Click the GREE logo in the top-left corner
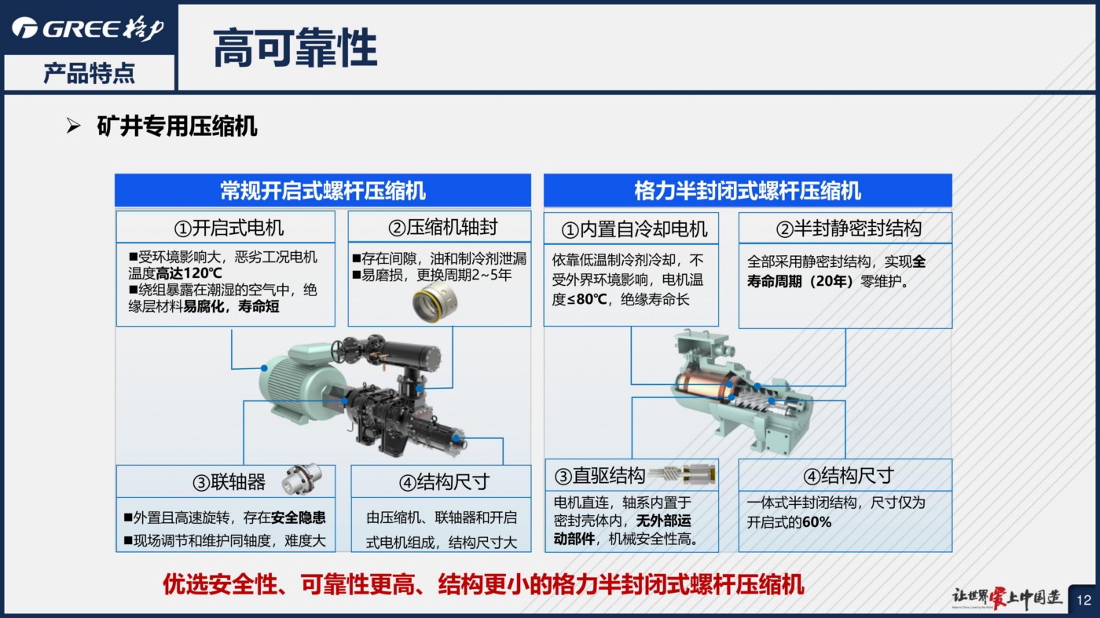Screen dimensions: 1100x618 click(x=88, y=28)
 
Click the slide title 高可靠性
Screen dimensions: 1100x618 click(x=295, y=48)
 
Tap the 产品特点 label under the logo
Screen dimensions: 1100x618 click(x=89, y=74)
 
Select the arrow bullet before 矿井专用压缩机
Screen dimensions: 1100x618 click(x=74, y=126)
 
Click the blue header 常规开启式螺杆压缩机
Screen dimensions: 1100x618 click(x=323, y=191)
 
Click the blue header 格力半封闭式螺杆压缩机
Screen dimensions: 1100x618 click(x=747, y=191)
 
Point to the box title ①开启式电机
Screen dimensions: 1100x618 click(x=229, y=228)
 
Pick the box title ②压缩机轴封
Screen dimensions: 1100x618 click(x=442, y=227)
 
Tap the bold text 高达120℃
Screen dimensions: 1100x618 click(x=189, y=273)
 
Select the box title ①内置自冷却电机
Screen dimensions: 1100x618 click(x=634, y=229)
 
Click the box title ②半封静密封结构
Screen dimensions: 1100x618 click(x=849, y=229)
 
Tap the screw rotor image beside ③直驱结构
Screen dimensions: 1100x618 click(x=682, y=474)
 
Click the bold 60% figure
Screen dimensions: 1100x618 click(x=816, y=522)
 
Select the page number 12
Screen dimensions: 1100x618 click(x=1083, y=600)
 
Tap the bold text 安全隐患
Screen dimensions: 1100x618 click(x=298, y=517)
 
